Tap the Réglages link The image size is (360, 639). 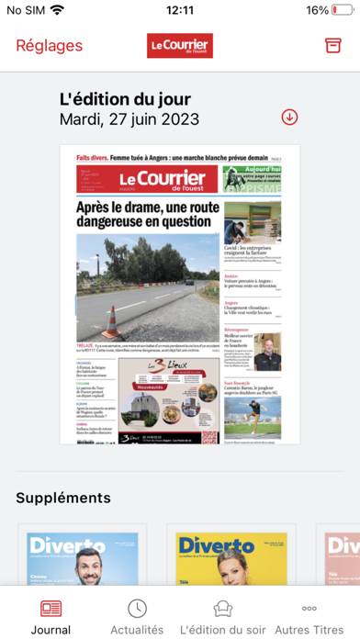(x=49, y=46)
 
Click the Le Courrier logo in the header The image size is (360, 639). (x=180, y=46)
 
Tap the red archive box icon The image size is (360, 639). (x=332, y=46)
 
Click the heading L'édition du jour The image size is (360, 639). (x=125, y=99)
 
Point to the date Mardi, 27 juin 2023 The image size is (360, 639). (x=129, y=119)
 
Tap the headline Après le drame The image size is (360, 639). (x=144, y=214)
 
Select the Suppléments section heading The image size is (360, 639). (x=62, y=498)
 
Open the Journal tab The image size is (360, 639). (x=51, y=617)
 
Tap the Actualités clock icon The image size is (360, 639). (x=137, y=609)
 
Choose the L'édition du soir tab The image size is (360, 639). (x=222, y=617)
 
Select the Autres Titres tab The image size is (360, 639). (x=309, y=617)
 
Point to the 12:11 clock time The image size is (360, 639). (x=180, y=11)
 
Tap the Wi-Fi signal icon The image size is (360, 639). (x=58, y=11)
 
